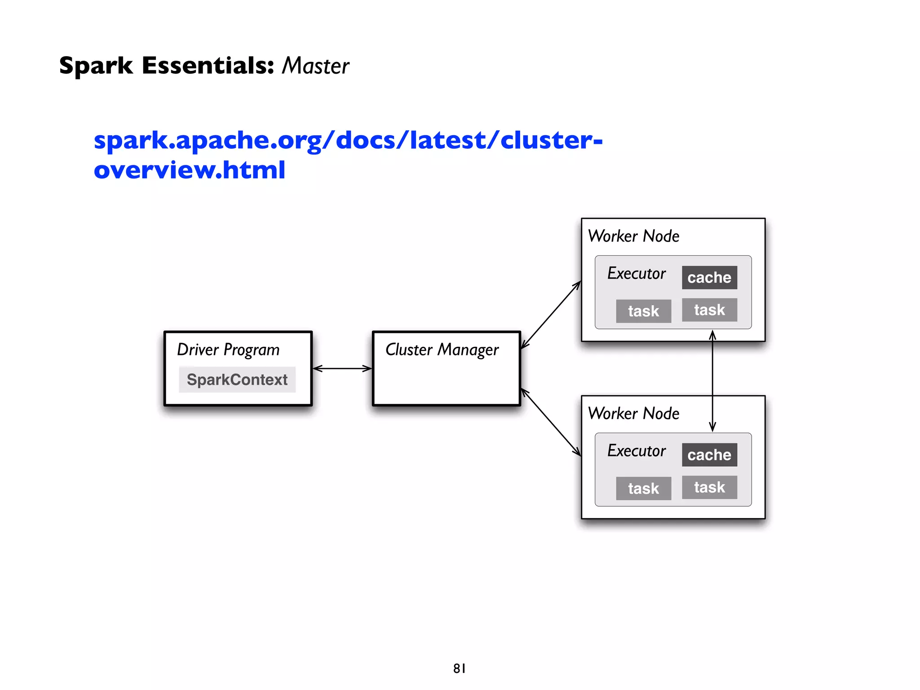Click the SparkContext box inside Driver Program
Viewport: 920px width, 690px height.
click(x=237, y=380)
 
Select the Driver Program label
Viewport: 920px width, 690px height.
click(x=228, y=350)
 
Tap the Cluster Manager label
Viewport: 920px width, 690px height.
click(x=442, y=350)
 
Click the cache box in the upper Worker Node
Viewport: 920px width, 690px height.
click(x=709, y=278)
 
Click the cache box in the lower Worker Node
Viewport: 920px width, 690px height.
click(x=709, y=455)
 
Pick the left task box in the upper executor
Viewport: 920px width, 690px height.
click(x=643, y=311)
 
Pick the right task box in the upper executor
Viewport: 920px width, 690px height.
click(x=709, y=310)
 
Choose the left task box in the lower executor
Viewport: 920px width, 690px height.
click(x=643, y=488)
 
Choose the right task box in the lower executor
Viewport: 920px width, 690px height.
click(x=709, y=487)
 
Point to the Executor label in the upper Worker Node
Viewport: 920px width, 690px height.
click(x=637, y=273)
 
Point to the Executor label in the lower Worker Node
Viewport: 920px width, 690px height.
click(x=637, y=451)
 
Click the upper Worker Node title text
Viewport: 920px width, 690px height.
click(x=633, y=236)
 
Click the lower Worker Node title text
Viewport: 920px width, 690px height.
click(x=633, y=414)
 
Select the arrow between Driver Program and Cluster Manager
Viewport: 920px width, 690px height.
click(x=342, y=369)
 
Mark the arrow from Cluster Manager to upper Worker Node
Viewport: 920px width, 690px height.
click(x=551, y=315)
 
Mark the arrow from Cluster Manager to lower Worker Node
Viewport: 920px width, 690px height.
click(x=551, y=423)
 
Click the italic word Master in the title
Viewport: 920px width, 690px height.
click(x=315, y=66)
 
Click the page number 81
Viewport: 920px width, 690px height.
click(x=459, y=668)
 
